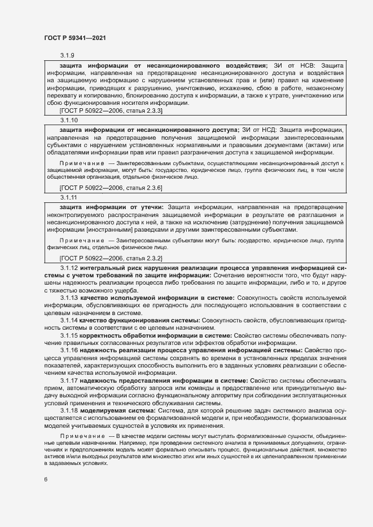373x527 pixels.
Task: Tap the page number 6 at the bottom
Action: tap(46, 480)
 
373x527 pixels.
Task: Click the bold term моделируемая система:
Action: tap(112, 411)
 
